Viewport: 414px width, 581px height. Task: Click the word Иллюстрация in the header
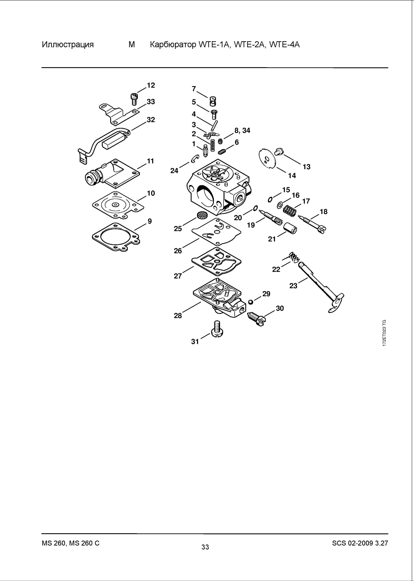pyautogui.click(x=68, y=45)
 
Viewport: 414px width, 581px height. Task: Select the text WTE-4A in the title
pyautogui.click(x=285, y=45)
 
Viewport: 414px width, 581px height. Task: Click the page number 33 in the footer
pyautogui.click(x=205, y=547)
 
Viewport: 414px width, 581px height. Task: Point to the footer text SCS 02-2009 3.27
pyautogui.click(x=360, y=543)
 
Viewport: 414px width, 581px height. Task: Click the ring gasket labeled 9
pyautogui.click(x=115, y=237)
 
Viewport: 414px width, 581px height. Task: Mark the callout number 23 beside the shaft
pyautogui.click(x=293, y=286)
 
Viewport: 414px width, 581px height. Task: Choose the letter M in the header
pyautogui.click(x=132, y=45)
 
